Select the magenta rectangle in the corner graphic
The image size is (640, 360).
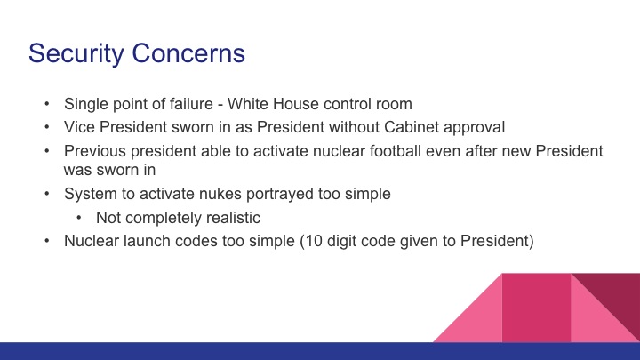[x=536, y=307]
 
